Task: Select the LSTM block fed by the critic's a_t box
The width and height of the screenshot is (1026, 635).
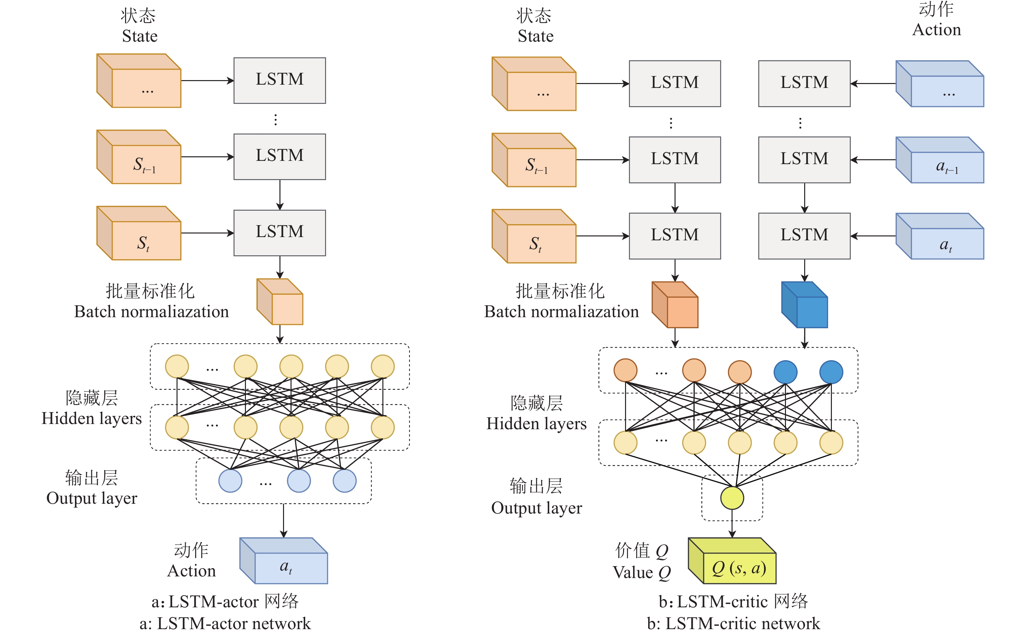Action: pyautogui.click(x=804, y=236)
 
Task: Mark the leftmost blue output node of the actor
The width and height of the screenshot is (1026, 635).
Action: pyautogui.click(x=230, y=481)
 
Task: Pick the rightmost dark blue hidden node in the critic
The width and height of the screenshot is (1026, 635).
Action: pyautogui.click(x=831, y=372)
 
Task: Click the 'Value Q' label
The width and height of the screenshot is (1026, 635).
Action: pyautogui.click(x=641, y=572)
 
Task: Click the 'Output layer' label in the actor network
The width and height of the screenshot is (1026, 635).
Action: pyautogui.click(x=92, y=498)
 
